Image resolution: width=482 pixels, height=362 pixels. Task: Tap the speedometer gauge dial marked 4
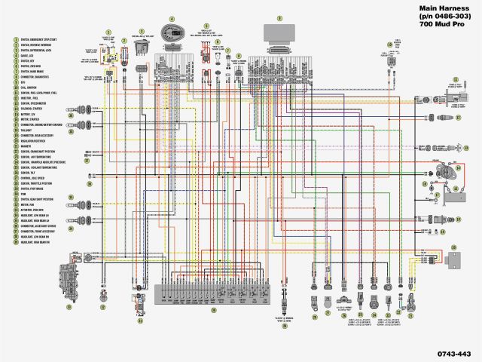tap(172, 34)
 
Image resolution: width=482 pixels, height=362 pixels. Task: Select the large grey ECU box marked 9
tap(279, 38)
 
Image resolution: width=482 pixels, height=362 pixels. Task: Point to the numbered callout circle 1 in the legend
tap(15, 39)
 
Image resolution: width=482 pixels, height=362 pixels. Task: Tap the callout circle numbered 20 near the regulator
tap(453, 247)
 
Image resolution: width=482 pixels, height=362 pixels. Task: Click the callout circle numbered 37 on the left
tap(86, 160)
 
